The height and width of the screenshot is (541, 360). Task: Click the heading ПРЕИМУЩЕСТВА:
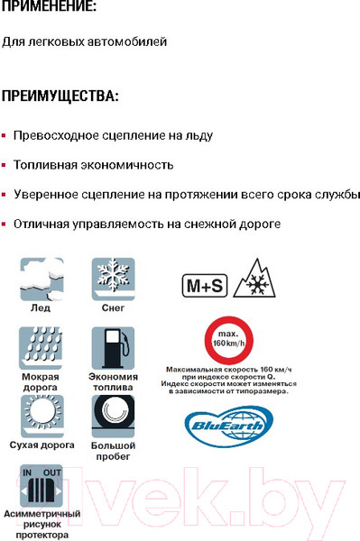(60, 96)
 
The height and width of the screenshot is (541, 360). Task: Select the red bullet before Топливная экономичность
(5, 166)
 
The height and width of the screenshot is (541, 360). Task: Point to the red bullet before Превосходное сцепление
(5, 136)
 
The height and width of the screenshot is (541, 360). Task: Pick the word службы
(337, 195)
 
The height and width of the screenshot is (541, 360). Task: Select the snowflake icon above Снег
(113, 278)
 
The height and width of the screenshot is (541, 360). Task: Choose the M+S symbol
(205, 286)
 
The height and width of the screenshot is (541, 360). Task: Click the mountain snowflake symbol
(254, 281)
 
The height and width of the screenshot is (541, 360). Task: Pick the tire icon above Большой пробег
(113, 416)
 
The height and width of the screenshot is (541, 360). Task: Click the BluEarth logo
(226, 424)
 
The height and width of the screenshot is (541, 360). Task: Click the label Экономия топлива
(114, 383)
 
